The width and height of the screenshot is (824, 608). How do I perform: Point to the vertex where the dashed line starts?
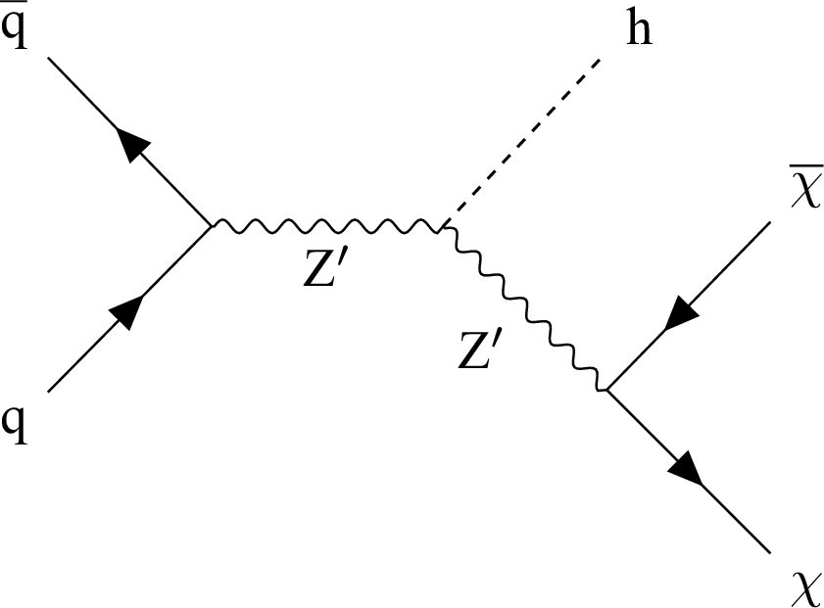(444, 227)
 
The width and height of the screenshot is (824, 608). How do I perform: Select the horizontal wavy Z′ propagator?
(327, 227)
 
